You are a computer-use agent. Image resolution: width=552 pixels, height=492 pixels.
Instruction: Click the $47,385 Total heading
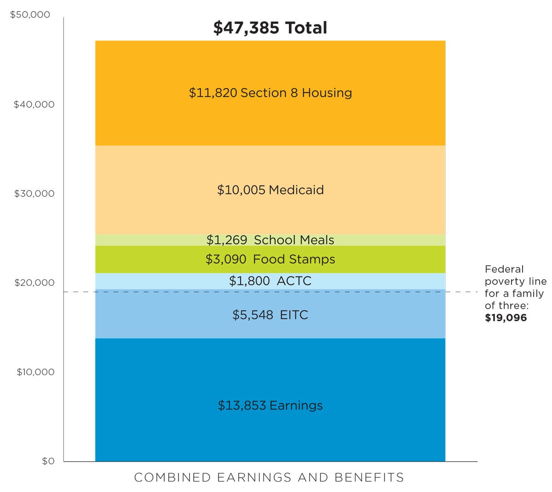point(270,28)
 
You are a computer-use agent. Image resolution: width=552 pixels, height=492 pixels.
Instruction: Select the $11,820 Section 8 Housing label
point(270,93)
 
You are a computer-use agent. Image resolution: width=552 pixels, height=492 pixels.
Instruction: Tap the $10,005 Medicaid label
point(270,190)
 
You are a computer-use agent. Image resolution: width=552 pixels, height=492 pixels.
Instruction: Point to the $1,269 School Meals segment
point(270,240)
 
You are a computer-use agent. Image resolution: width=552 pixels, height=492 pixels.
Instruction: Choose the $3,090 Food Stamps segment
point(270,260)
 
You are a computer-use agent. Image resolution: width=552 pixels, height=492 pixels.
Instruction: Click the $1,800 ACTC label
point(270,281)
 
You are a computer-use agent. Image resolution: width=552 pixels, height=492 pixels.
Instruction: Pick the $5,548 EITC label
point(270,315)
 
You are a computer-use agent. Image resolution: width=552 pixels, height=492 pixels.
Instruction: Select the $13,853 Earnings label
point(270,405)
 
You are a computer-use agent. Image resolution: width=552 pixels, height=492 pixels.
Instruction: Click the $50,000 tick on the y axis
point(30,15)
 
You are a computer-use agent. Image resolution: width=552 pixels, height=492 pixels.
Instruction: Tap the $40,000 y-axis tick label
point(34,104)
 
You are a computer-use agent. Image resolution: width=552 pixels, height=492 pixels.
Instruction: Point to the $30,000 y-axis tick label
point(34,194)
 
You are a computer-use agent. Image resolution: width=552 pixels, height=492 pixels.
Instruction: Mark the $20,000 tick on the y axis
point(34,283)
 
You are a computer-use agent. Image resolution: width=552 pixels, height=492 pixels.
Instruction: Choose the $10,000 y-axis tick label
point(35,372)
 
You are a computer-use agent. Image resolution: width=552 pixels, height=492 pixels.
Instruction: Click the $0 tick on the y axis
point(48,461)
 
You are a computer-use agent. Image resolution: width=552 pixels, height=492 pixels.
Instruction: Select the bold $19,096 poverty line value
point(506,318)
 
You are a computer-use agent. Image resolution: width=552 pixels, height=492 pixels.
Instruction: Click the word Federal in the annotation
point(504,269)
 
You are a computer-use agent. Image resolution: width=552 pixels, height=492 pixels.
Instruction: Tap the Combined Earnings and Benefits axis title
point(269,478)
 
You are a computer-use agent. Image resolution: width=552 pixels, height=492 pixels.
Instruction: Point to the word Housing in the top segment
point(327,93)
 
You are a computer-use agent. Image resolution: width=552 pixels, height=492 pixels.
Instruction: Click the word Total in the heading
point(306,28)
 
